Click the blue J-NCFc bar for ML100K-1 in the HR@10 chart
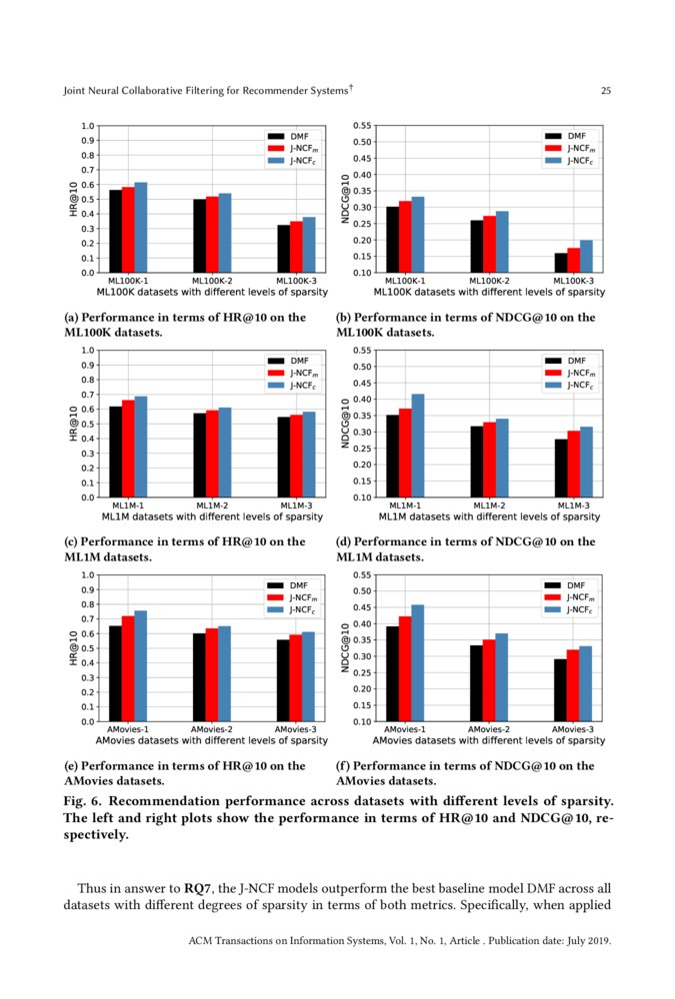(141, 228)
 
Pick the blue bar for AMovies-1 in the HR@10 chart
(141, 666)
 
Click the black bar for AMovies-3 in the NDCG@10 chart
(561, 690)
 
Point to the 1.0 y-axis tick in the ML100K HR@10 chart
(87, 126)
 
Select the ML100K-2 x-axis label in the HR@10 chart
(212, 282)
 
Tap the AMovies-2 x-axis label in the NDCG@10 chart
(489, 730)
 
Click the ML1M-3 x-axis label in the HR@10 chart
(296, 506)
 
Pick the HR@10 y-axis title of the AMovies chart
(73, 648)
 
